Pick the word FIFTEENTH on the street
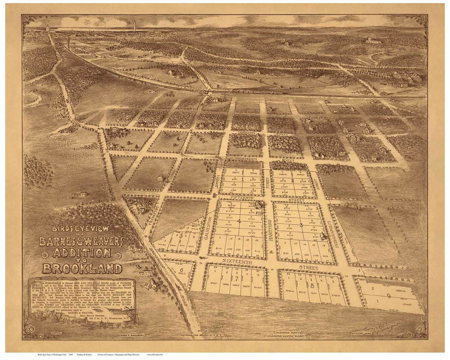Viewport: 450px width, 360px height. tap(240, 198)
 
